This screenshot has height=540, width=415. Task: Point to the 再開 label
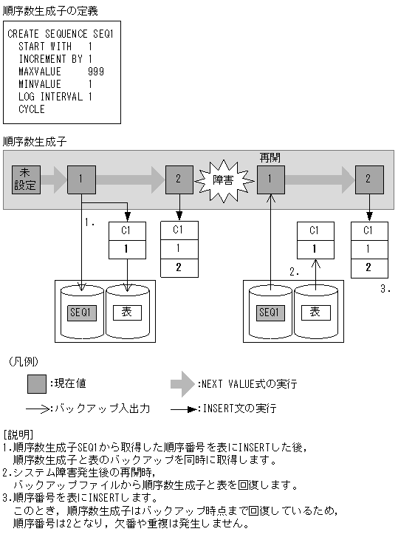click(x=270, y=158)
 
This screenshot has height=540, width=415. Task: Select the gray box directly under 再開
click(x=271, y=179)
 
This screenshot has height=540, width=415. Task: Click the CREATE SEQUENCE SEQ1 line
click(x=60, y=34)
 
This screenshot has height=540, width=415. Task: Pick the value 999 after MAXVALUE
click(x=95, y=72)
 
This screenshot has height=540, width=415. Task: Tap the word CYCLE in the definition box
click(x=32, y=109)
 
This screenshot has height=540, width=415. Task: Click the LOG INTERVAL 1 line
click(x=55, y=97)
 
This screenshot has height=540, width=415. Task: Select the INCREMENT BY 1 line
click(x=55, y=59)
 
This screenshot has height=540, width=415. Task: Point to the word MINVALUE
click(x=40, y=84)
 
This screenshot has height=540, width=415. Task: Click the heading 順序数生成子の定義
click(x=49, y=11)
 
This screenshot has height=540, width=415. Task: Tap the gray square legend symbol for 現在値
click(x=37, y=384)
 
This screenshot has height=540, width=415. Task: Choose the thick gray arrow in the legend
click(x=183, y=384)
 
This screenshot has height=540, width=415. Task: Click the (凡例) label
click(x=24, y=362)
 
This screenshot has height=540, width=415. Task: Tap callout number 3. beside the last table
click(x=385, y=289)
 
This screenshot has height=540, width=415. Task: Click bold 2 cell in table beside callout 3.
click(x=368, y=267)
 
